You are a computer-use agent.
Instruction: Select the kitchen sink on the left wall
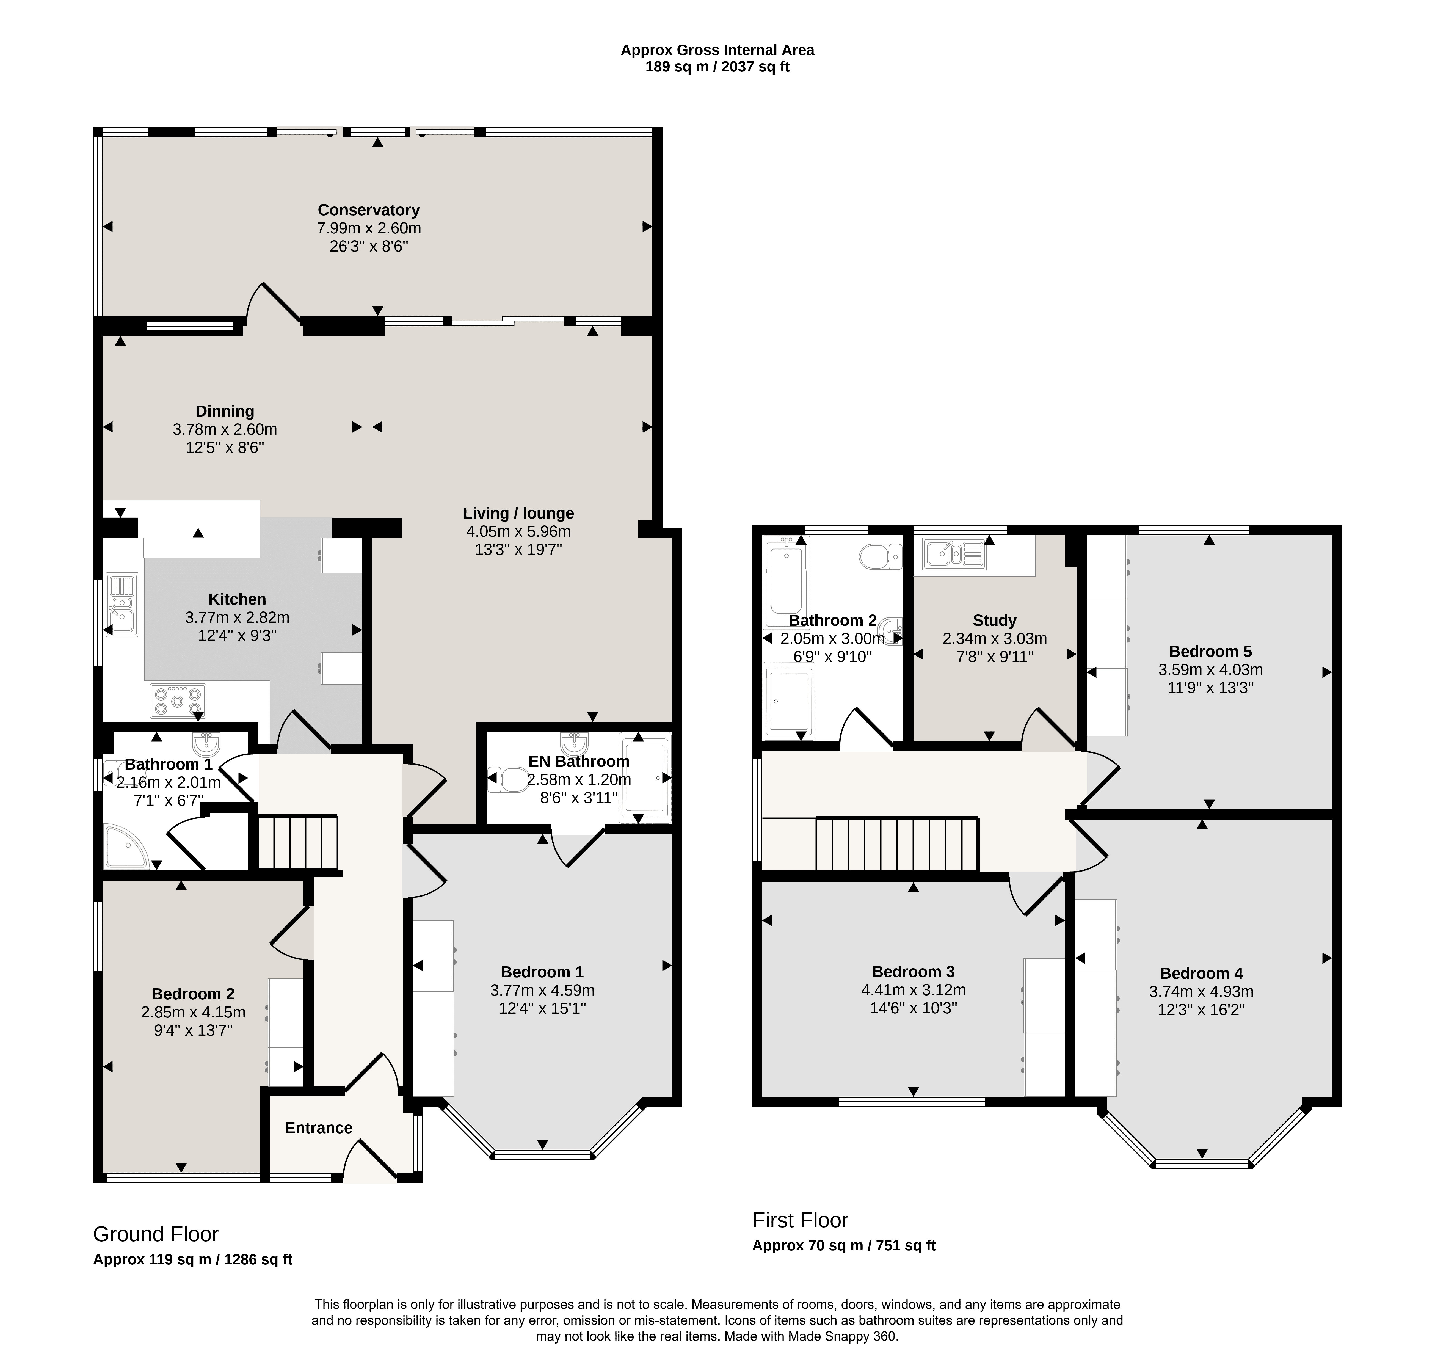point(122,604)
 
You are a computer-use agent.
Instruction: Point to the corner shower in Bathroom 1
point(125,846)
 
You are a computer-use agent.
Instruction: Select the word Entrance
point(319,1128)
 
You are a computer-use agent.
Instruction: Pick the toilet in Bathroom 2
point(881,557)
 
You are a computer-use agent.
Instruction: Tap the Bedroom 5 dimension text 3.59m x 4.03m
point(1210,669)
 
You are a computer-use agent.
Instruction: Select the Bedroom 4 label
point(1201,974)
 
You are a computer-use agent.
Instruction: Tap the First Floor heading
point(801,1220)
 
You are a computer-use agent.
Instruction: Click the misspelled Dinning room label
point(225,411)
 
